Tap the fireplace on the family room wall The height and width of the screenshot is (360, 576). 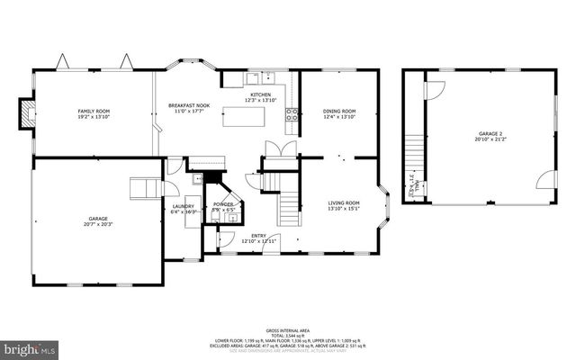point(27,113)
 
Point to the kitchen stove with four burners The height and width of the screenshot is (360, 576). point(292,113)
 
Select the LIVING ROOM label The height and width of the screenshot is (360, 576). point(343,206)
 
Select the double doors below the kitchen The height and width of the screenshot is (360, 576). point(274,149)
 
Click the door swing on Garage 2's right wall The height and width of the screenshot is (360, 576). point(544,183)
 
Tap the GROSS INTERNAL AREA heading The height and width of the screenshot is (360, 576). point(287,331)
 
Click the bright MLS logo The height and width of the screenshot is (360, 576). point(30,346)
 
